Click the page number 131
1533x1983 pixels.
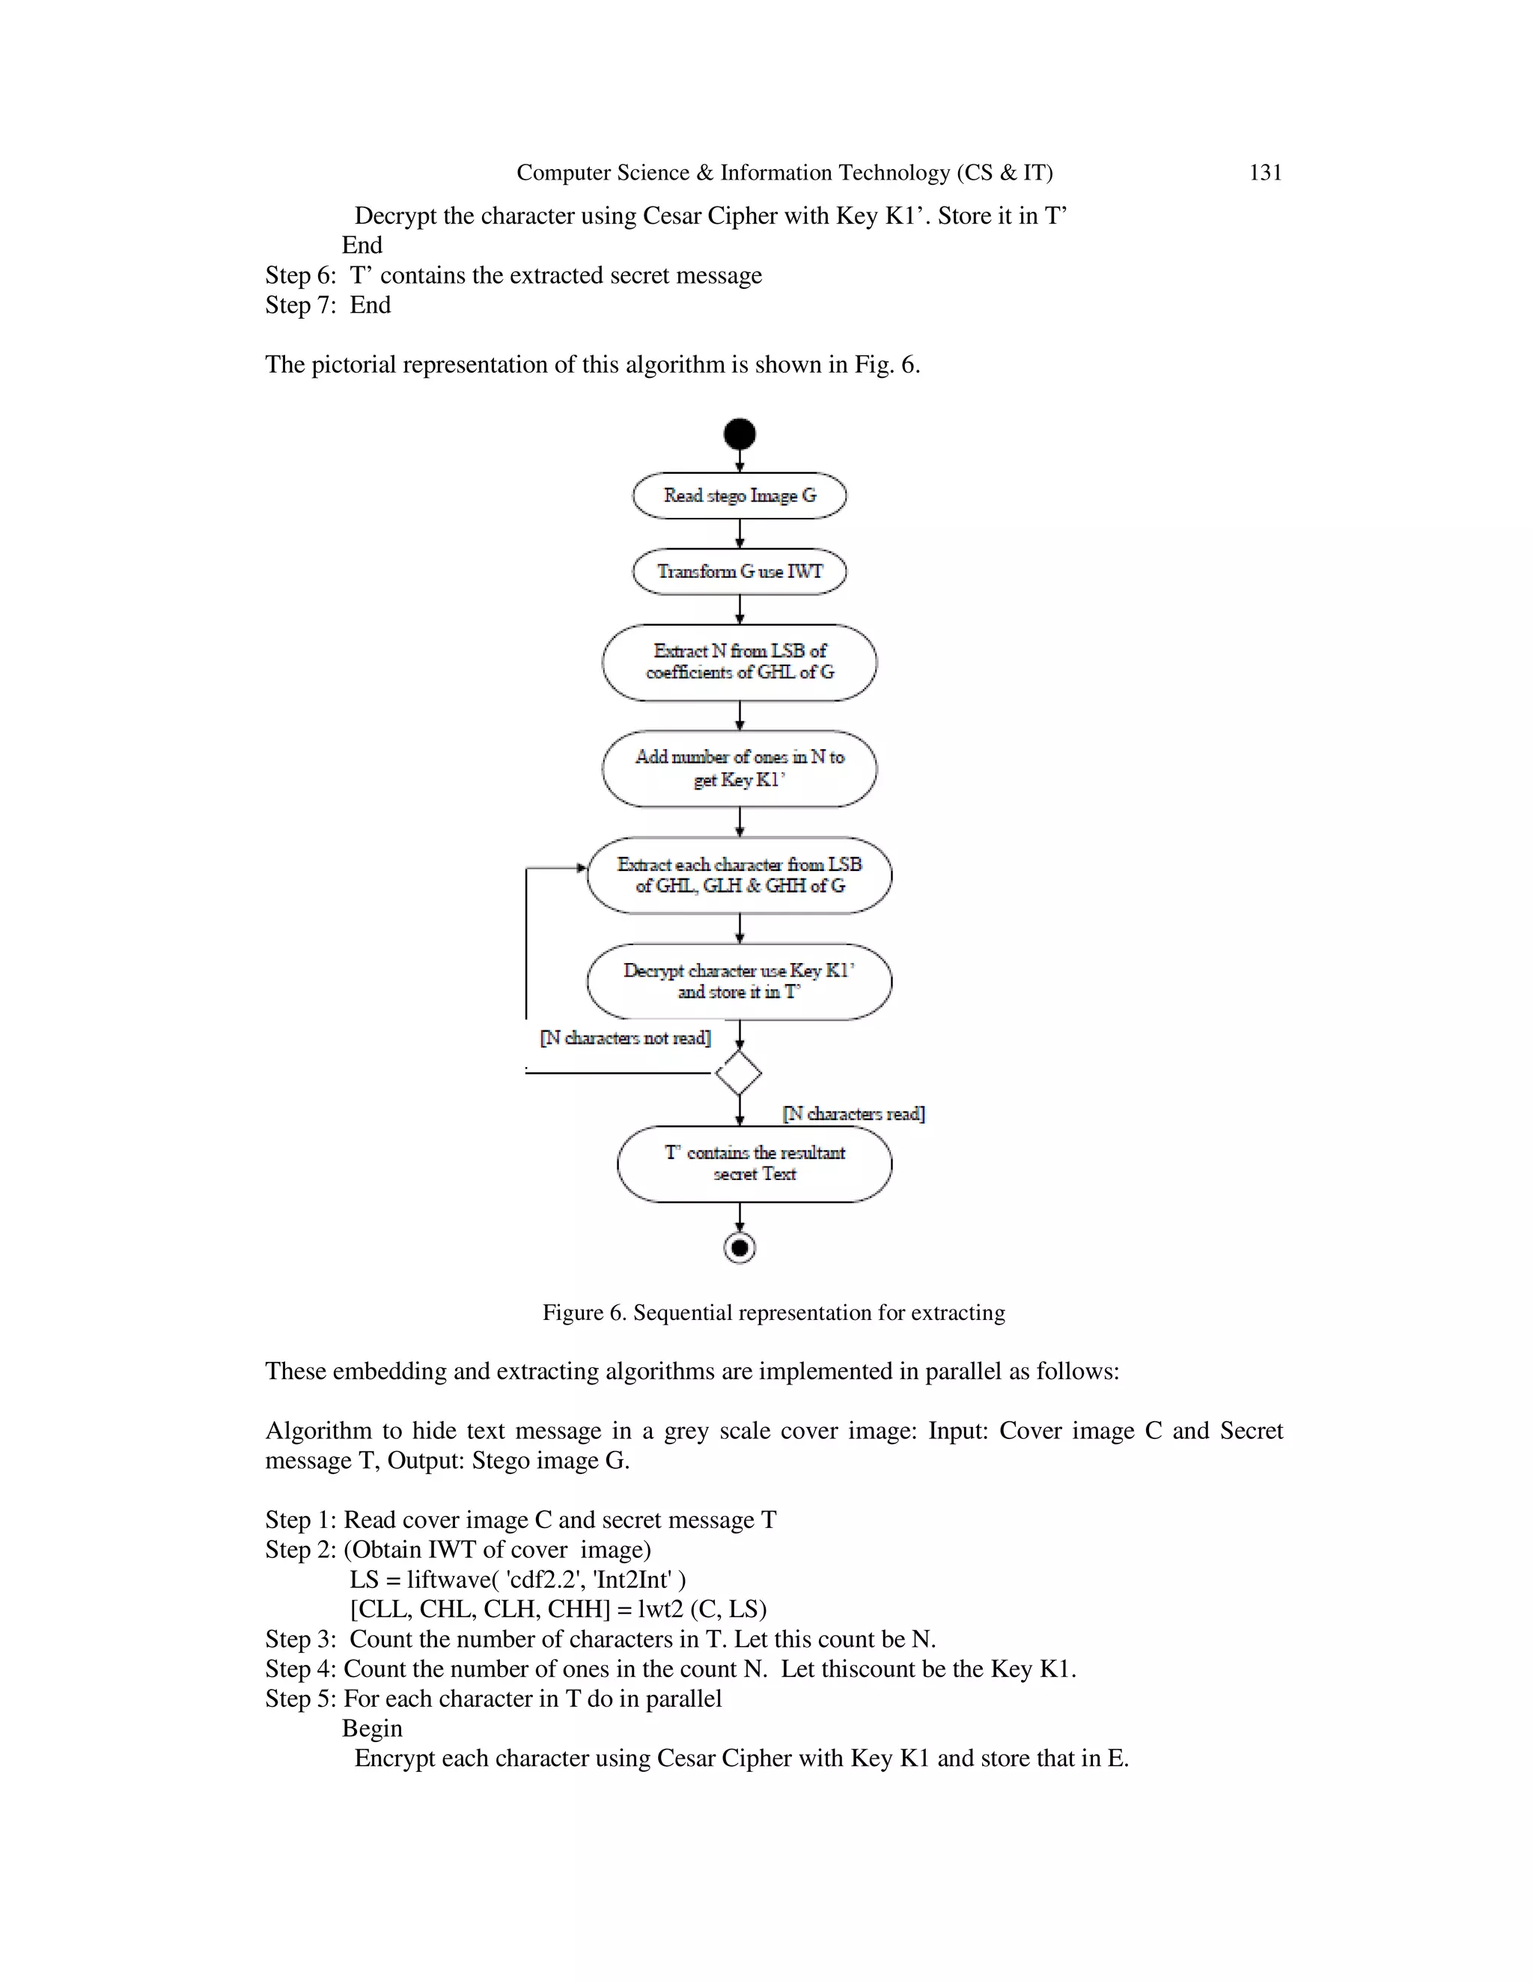(1265, 173)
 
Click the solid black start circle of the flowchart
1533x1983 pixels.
(740, 434)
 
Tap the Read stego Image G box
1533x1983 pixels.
(740, 495)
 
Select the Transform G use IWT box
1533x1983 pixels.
(740, 571)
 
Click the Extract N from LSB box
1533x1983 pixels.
(740, 662)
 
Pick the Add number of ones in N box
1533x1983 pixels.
(740, 769)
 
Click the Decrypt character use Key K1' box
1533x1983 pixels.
(740, 982)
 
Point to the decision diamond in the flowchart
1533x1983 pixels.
(738, 1073)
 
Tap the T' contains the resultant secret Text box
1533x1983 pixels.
(754, 1164)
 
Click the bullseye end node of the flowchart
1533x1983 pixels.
(740, 1248)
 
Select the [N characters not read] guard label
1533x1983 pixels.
(625, 1038)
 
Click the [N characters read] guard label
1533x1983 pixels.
(853, 1113)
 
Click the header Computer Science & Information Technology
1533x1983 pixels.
(784, 173)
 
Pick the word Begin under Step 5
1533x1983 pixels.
(371, 1728)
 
